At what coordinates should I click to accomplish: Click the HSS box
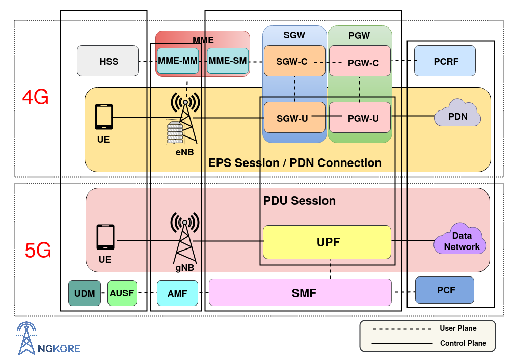point(107,61)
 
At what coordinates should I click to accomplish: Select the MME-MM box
point(177,61)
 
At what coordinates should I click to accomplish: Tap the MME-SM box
point(227,61)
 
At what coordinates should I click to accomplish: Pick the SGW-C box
point(294,61)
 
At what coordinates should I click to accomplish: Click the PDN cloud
point(457,115)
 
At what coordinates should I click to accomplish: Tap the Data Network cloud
point(460,240)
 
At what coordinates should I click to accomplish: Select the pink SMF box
point(300,292)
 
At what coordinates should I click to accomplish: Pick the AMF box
point(177,293)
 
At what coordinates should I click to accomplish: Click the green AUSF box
point(122,293)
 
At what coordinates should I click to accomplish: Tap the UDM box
point(85,293)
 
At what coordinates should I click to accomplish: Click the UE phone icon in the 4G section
point(104,117)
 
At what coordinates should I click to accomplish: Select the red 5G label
point(38,251)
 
